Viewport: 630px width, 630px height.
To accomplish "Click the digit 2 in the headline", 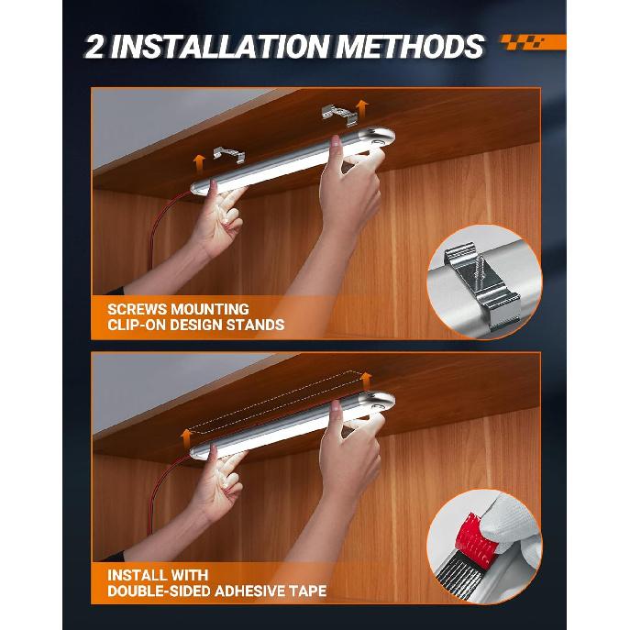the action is coord(94,47).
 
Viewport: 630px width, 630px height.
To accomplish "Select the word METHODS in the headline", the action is coord(409,47).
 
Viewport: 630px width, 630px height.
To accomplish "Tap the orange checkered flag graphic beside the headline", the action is coord(533,42).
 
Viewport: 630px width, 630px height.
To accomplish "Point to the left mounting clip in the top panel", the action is coord(229,154).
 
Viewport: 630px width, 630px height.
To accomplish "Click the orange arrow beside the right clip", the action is coord(362,109).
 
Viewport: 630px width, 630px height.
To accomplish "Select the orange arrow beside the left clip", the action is coord(198,164).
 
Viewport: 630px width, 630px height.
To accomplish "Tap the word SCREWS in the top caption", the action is coord(137,309).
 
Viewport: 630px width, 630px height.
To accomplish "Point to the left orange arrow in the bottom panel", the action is coord(186,438).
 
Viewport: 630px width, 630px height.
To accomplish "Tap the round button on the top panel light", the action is coord(377,142).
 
